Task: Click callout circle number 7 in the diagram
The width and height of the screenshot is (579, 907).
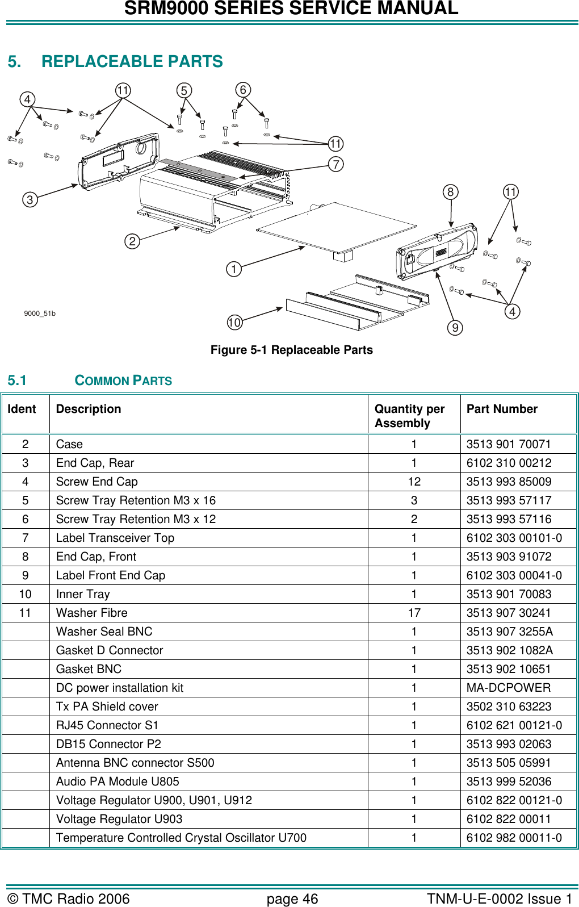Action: tap(336, 164)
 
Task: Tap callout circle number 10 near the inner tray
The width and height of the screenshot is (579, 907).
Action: tap(234, 323)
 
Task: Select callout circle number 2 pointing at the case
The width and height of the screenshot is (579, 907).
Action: tap(132, 241)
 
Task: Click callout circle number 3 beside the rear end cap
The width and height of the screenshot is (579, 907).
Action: tap(30, 199)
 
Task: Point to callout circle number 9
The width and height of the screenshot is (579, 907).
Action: tap(455, 328)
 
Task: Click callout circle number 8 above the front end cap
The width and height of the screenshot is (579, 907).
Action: tap(450, 192)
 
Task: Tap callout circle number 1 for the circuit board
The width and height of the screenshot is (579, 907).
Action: tap(234, 269)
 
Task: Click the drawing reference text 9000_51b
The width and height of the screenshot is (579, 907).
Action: tap(40, 314)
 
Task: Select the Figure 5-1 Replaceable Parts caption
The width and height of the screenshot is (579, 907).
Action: tap(291, 350)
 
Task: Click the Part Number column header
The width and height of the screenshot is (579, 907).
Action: tap(502, 409)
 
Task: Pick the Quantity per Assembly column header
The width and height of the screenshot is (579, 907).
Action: tap(409, 416)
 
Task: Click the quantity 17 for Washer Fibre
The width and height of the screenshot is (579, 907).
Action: tap(414, 613)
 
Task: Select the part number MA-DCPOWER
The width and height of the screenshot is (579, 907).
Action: tap(508, 688)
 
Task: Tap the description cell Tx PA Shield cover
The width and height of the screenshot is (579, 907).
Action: tap(107, 707)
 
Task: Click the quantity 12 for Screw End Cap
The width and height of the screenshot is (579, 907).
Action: tap(414, 482)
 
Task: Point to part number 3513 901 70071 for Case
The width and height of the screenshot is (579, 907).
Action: tap(508, 444)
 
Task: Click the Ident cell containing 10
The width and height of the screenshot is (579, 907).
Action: tap(26, 594)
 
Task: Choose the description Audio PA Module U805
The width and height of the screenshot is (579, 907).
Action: tap(118, 781)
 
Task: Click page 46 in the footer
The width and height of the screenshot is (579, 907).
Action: tap(292, 899)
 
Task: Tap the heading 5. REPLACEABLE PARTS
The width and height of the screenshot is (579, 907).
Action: tap(115, 61)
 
